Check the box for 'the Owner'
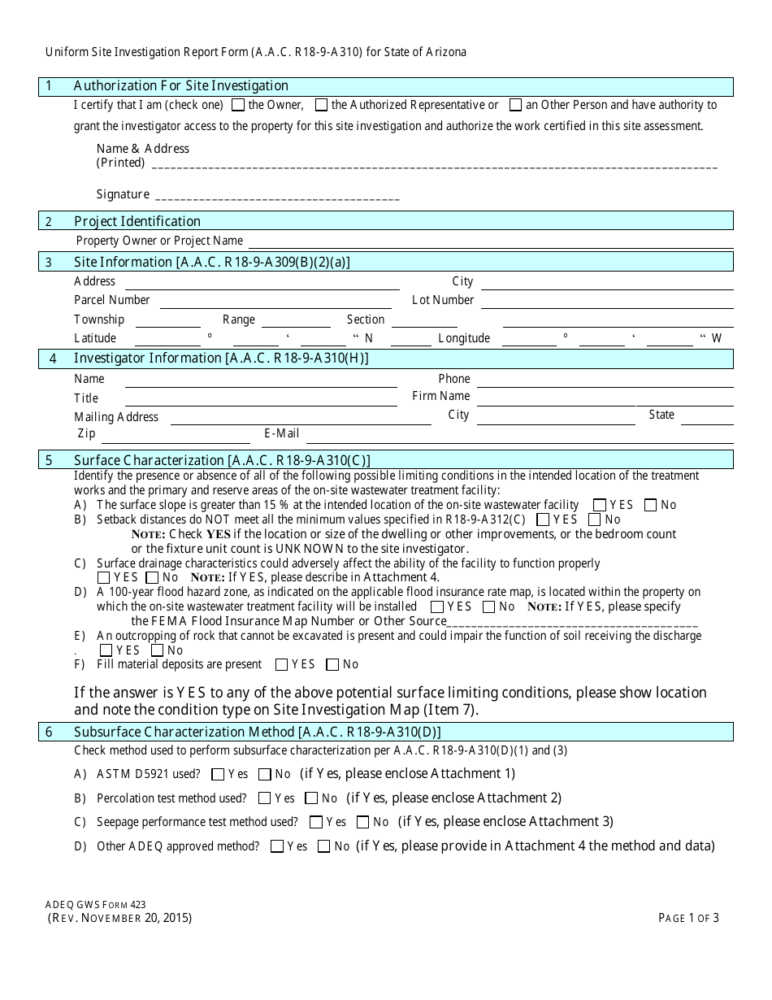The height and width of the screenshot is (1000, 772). [x=238, y=105]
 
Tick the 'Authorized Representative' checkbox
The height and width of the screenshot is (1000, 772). [x=321, y=105]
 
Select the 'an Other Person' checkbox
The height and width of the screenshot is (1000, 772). [x=515, y=105]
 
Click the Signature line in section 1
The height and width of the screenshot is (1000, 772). [x=276, y=198]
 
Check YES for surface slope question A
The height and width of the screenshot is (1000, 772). [x=600, y=505]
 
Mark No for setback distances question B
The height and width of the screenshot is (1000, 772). [x=595, y=520]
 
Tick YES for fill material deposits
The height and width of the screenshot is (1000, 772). [x=282, y=665]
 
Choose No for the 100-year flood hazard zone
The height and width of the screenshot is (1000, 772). [x=488, y=607]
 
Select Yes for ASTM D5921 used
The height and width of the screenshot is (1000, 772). [x=217, y=775]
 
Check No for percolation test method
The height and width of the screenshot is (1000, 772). [x=311, y=799]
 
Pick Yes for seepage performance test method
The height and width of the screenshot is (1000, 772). [x=316, y=823]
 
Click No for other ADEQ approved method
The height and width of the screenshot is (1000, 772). [x=323, y=847]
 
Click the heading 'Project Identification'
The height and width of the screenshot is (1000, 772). [x=137, y=221]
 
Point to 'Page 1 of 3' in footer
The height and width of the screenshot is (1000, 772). [x=688, y=919]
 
